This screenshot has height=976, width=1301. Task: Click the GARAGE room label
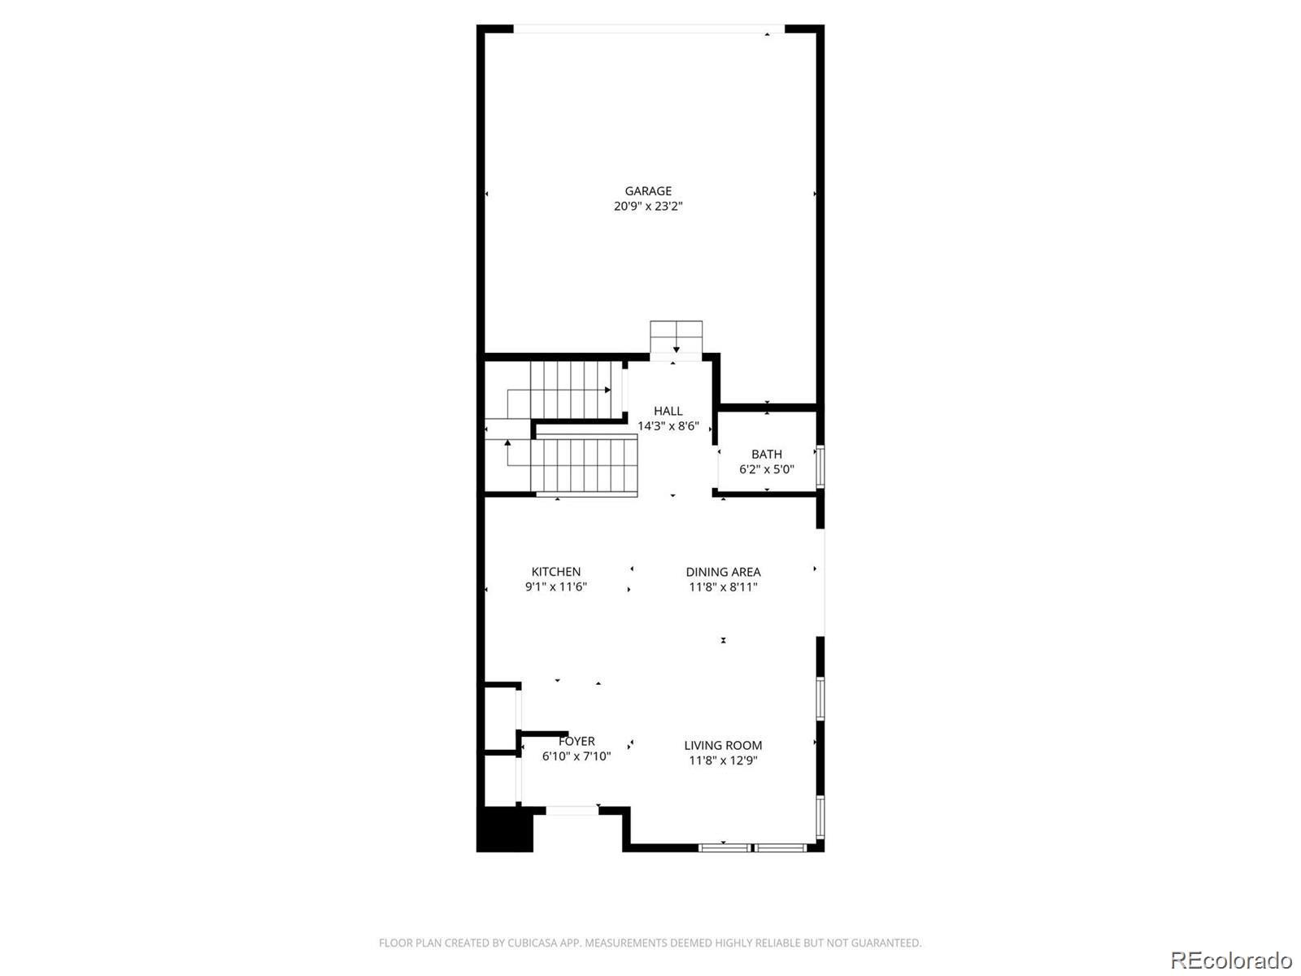648,191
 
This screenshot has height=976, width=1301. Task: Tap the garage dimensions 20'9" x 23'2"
648,207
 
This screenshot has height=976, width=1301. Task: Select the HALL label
668,411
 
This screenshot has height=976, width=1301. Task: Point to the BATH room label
767,454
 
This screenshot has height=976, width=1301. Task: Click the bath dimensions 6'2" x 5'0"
767,469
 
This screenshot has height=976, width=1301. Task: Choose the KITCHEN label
556,572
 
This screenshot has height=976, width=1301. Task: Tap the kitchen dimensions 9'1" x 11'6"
556,586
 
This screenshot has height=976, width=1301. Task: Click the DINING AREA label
723,572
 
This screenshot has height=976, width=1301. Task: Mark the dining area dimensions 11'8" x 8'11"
723,586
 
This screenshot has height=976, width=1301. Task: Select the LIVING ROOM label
723,745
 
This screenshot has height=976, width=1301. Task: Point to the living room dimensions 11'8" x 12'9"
723,760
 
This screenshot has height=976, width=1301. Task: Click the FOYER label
577,741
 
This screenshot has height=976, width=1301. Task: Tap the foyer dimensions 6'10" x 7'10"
577,756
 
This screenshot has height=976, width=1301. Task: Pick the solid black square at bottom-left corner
504,830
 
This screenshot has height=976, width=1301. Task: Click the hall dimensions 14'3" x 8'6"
668,426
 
